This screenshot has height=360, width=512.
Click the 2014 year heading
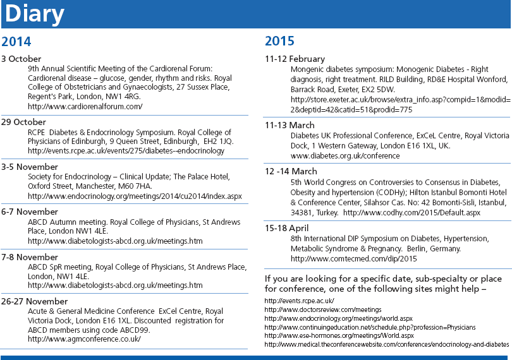point(16,42)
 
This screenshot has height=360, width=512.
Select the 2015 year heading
point(280,42)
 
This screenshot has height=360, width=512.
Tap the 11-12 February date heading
point(295,59)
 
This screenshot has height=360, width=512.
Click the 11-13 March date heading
point(288,125)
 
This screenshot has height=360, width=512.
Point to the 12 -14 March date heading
point(291,171)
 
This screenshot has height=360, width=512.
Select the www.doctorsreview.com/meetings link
point(322,310)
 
